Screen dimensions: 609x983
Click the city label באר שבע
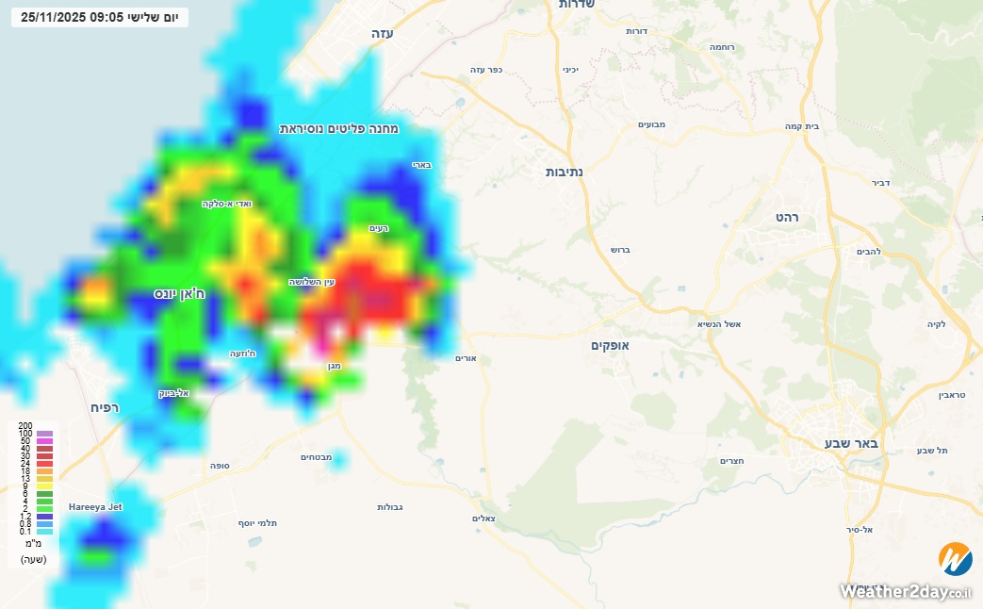tap(851, 443)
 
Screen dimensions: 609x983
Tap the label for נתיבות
tap(565, 172)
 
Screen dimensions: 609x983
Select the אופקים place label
tap(610, 346)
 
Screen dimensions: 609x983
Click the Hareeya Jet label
tap(95, 507)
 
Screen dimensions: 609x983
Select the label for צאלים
tap(483, 519)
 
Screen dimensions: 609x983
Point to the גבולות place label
tap(390, 507)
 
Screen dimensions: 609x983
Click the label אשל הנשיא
tap(719, 324)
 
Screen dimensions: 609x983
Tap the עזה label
tap(382, 33)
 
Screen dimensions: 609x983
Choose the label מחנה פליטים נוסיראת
tap(339, 128)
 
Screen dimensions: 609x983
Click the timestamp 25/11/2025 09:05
tap(73, 17)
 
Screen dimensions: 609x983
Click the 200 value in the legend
tap(25, 426)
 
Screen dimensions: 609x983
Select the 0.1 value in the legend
tap(25, 532)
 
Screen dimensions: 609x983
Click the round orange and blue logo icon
tap(955, 559)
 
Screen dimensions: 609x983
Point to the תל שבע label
tap(932, 451)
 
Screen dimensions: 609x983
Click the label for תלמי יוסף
tap(256, 522)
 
